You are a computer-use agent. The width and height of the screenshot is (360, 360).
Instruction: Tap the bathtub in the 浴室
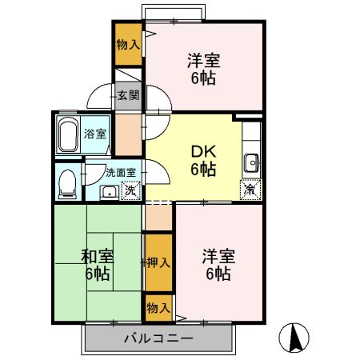click(69, 133)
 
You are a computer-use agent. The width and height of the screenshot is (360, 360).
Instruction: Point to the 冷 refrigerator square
click(250, 190)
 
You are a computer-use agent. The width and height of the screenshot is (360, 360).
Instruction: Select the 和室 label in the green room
click(98, 257)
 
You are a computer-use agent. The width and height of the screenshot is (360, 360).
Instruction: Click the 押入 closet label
click(158, 262)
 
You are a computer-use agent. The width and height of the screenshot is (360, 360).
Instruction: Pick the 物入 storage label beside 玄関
click(128, 44)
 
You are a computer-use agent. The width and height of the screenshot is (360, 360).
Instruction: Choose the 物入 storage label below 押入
click(158, 307)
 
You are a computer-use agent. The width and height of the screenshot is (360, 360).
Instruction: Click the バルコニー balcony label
click(158, 339)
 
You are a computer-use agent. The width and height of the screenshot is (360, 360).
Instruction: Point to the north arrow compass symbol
click(298, 338)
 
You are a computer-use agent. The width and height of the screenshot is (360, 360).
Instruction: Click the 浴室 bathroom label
click(95, 134)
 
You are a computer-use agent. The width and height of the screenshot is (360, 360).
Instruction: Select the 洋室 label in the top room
click(203, 61)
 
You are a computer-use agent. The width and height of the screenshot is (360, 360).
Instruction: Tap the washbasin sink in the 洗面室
click(108, 191)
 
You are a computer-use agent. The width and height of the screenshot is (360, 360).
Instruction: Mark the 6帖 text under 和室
click(98, 274)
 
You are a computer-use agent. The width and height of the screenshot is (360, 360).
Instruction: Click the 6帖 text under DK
click(202, 169)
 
